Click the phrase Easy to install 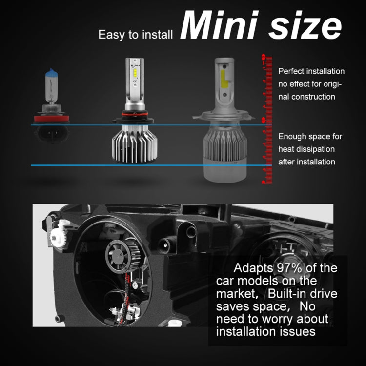(136, 35)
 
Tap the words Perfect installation (311, 71)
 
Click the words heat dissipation (306, 149)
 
